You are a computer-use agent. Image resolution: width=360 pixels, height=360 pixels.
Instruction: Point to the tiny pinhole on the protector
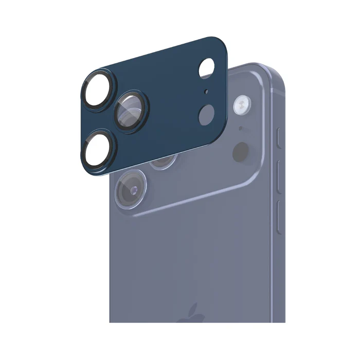pyautogui.click(x=206, y=93)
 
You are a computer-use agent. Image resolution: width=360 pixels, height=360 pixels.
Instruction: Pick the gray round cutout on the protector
pyautogui.click(x=207, y=114)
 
